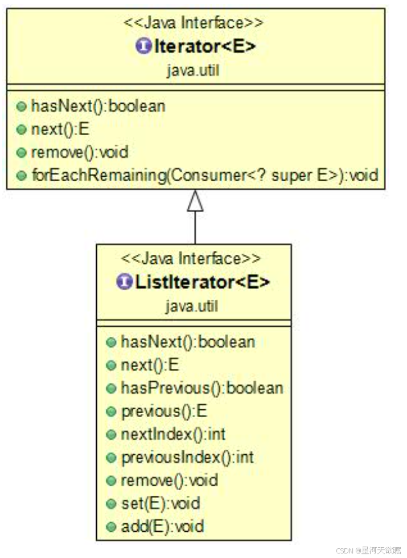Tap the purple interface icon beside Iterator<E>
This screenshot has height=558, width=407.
coord(144,46)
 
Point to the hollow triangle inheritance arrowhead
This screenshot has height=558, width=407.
coord(195,201)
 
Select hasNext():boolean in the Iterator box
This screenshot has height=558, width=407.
coord(98,106)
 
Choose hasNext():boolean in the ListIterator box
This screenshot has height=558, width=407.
coord(188,342)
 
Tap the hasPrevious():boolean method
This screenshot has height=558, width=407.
coord(202,388)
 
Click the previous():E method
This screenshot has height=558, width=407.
coord(164,412)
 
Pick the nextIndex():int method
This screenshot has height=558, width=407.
coord(173,434)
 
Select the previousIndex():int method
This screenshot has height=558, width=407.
coord(187,457)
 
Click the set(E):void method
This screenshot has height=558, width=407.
coord(160,503)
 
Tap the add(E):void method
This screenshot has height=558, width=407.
coord(162,526)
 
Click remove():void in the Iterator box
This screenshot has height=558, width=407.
coord(79,152)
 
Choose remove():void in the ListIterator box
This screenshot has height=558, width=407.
coord(169,480)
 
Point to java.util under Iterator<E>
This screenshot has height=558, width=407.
coord(193,70)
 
